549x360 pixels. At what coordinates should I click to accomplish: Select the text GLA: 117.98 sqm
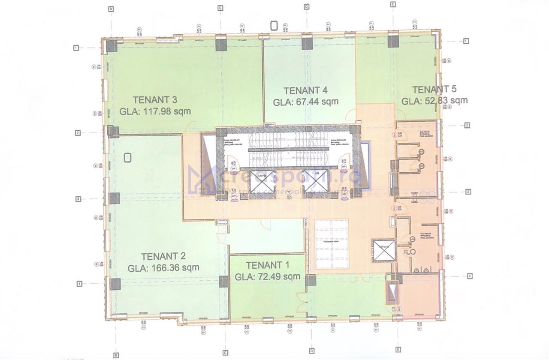pos(155,111)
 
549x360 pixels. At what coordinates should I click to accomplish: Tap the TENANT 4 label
pos(306,90)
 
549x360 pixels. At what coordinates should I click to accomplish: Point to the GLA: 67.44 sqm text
pos(306,102)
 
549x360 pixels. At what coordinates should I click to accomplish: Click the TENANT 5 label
pos(434,90)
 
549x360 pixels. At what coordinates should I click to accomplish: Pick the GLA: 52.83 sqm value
pos(434,101)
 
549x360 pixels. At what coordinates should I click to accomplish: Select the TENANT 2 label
pos(163,256)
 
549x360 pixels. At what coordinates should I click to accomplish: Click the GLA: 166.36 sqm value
pos(163,268)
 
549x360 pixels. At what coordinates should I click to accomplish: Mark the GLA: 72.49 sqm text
pos(267,276)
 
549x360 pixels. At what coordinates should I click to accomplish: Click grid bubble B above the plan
pos(111,9)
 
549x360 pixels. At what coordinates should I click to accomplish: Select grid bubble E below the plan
pos(398,350)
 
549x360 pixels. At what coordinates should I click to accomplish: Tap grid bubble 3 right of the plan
pos(468,192)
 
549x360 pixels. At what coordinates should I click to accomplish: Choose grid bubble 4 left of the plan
pos(79,283)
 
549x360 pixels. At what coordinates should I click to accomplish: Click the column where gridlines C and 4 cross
pos(224,282)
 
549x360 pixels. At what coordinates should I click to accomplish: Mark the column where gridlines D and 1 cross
pos(307,43)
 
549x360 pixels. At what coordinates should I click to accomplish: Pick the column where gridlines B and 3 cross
pos(115,198)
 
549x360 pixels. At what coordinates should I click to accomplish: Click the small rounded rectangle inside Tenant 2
pos(127,158)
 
